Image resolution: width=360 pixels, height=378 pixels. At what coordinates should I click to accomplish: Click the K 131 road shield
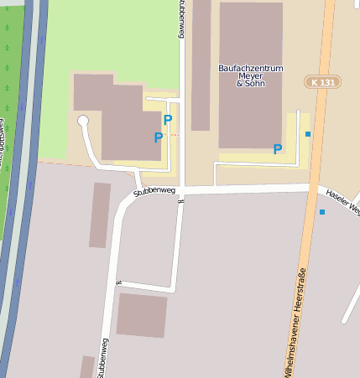tap(322, 82)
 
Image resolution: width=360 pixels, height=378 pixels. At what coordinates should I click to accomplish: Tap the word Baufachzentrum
tap(250, 67)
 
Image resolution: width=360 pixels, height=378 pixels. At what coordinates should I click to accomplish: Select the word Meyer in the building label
tap(251, 75)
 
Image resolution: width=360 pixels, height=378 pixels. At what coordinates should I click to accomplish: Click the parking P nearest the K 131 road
tap(277, 149)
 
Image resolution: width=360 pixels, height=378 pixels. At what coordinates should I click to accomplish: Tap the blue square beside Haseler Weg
tap(322, 212)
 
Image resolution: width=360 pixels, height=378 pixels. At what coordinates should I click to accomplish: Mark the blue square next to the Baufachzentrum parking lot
tap(308, 134)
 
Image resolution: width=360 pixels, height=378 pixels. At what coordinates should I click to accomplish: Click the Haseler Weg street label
tap(342, 200)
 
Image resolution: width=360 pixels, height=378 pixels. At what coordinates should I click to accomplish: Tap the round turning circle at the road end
tap(83, 122)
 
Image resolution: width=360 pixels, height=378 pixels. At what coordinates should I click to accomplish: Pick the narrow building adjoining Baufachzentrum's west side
tap(201, 63)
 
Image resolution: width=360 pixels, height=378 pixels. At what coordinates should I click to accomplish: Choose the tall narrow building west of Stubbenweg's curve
tap(100, 215)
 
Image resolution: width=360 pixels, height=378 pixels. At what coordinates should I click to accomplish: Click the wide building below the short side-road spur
tap(141, 315)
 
